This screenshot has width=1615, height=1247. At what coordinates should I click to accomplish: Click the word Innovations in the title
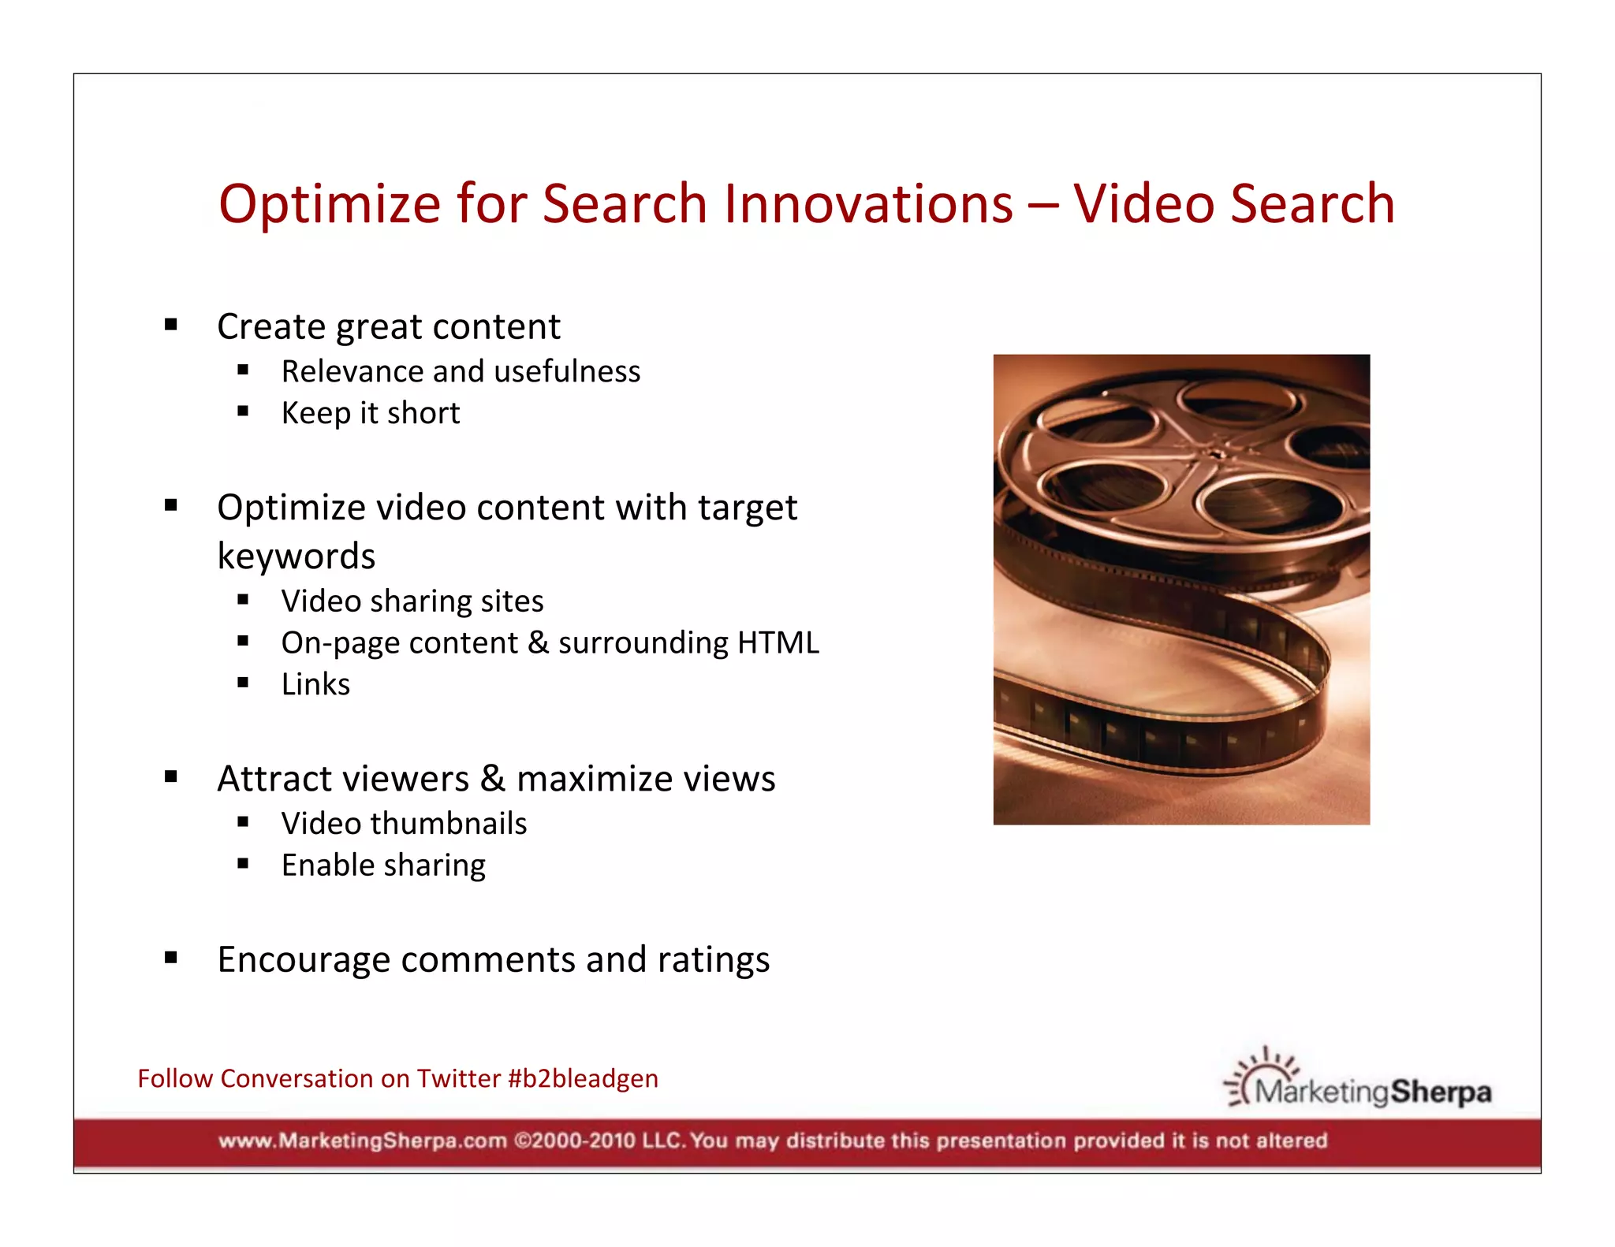(x=868, y=204)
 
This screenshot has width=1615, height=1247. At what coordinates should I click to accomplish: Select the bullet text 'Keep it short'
(x=371, y=413)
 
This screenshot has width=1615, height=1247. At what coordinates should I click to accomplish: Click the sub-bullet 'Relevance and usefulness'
(x=461, y=371)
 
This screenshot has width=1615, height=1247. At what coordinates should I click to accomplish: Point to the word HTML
(x=778, y=642)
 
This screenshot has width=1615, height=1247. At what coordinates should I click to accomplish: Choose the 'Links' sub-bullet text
(x=315, y=684)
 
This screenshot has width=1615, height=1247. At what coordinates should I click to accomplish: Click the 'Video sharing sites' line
(x=412, y=601)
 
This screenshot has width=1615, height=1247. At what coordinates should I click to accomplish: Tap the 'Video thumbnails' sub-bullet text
(x=404, y=824)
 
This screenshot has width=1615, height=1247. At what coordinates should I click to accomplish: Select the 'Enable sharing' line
(x=383, y=865)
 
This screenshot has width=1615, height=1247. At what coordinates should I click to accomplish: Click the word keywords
(x=296, y=556)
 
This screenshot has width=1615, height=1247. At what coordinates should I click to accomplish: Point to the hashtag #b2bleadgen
(x=583, y=1078)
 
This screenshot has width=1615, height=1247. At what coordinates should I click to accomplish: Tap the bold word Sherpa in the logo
(x=1440, y=1093)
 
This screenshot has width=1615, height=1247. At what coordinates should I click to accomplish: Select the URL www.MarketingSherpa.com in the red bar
(x=362, y=1141)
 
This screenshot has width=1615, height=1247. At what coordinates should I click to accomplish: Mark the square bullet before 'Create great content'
(x=171, y=324)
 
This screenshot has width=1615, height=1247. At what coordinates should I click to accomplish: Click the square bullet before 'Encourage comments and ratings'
(x=171, y=958)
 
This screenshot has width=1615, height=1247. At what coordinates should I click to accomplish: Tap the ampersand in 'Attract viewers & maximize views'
(x=492, y=779)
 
